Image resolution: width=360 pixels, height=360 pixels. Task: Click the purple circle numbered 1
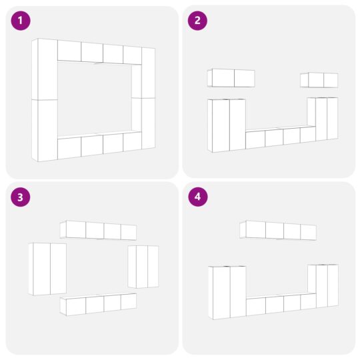[21, 21]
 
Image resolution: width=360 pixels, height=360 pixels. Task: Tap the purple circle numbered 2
[197, 21]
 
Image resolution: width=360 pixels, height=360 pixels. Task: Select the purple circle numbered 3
[21, 197]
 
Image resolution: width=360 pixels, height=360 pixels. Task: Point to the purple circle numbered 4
[198, 197]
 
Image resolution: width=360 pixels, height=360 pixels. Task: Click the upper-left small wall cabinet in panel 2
[231, 78]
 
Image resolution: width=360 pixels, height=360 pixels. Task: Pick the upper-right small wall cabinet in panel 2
[319, 80]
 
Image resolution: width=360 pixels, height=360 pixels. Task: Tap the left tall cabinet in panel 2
[227, 125]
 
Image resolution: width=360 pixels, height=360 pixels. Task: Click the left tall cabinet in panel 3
[47, 269]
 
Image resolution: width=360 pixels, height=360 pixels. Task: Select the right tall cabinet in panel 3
[143, 267]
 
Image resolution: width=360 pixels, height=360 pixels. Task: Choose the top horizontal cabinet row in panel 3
[98, 230]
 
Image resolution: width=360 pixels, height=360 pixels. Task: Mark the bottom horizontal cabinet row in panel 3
[98, 304]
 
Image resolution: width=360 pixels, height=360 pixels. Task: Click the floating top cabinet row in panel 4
[278, 230]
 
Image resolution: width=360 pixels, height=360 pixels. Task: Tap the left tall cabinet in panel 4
[227, 293]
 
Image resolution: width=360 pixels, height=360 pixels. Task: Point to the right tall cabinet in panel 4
[323, 286]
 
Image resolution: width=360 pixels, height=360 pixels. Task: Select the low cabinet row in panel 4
[281, 304]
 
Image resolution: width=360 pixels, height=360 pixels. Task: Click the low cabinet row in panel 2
[281, 137]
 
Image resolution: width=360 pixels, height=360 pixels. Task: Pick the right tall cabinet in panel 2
[323, 119]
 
